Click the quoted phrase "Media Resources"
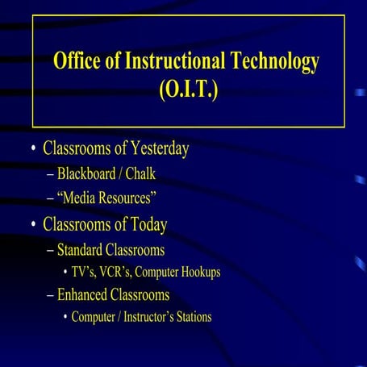[x=106, y=198]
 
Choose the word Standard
[x=84, y=249]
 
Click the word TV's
[x=86, y=272]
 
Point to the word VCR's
[x=123, y=272]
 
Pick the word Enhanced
[x=85, y=294]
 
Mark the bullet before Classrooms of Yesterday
[x=32, y=150]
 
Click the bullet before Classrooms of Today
[x=32, y=224]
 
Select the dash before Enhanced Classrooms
[x=50, y=294]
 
